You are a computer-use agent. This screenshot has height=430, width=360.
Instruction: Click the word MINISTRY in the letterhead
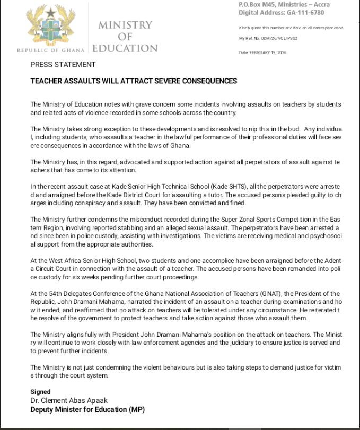(125, 25)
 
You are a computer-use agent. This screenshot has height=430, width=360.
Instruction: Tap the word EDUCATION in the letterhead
(125, 48)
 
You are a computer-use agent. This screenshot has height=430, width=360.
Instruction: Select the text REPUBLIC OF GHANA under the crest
(51, 50)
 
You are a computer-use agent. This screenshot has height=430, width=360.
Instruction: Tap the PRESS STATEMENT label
(63, 65)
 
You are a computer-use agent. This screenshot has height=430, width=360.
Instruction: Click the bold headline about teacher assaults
(134, 81)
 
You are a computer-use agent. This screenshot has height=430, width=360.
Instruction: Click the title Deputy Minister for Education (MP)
(87, 409)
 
